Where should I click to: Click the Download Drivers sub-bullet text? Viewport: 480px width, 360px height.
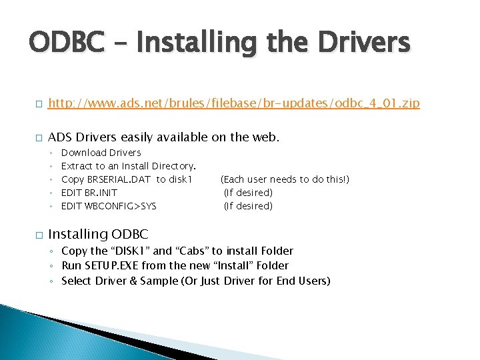pos(101,153)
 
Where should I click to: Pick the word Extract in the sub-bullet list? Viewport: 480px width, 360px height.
pos(76,166)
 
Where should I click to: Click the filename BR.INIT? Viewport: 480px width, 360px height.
pos(101,193)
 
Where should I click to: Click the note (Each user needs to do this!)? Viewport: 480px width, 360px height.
pos(285,179)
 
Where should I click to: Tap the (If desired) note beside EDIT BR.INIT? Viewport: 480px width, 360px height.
pos(248,193)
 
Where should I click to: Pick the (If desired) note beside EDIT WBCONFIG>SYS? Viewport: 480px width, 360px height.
pos(248,206)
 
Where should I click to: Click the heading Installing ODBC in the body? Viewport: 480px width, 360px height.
pos(98,235)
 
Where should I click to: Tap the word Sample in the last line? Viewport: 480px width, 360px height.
pos(160,281)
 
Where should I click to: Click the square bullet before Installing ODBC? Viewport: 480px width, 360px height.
pos(39,235)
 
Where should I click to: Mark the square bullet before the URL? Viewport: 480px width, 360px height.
pos(39,104)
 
